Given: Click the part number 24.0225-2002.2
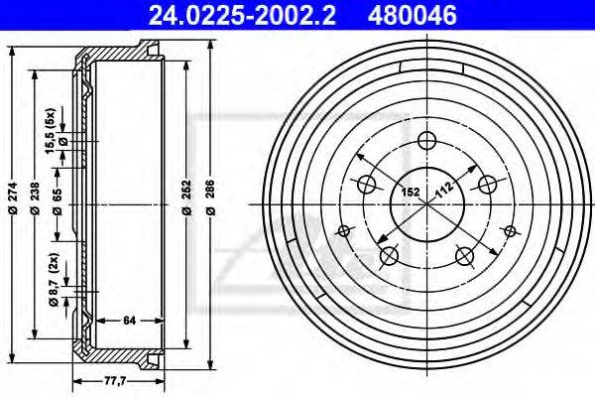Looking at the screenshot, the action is click(242, 15).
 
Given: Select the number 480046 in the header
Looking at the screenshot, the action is click(413, 15).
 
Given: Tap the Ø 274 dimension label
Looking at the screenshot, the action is click(13, 198).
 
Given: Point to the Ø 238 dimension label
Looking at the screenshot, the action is click(35, 198).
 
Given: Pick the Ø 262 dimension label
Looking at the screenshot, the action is click(186, 198).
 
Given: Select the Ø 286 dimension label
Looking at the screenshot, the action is click(211, 198).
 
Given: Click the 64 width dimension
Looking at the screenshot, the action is click(129, 321).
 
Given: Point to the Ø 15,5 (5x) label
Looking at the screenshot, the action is click(55, 131).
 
